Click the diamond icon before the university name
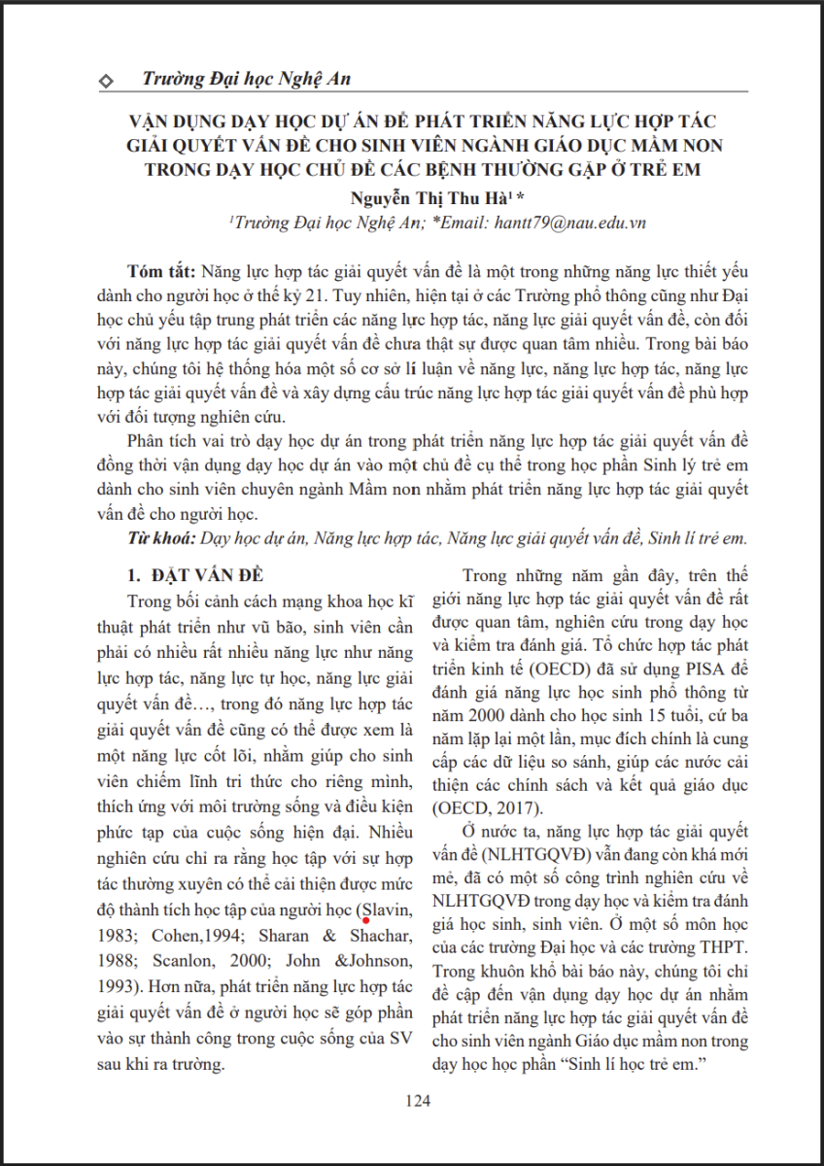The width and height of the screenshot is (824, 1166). click(106, 80)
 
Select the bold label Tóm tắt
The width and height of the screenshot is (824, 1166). click(161, 270)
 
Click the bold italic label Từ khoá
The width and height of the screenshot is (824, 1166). click(159, 536)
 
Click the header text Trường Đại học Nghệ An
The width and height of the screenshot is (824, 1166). click(245, 79)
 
